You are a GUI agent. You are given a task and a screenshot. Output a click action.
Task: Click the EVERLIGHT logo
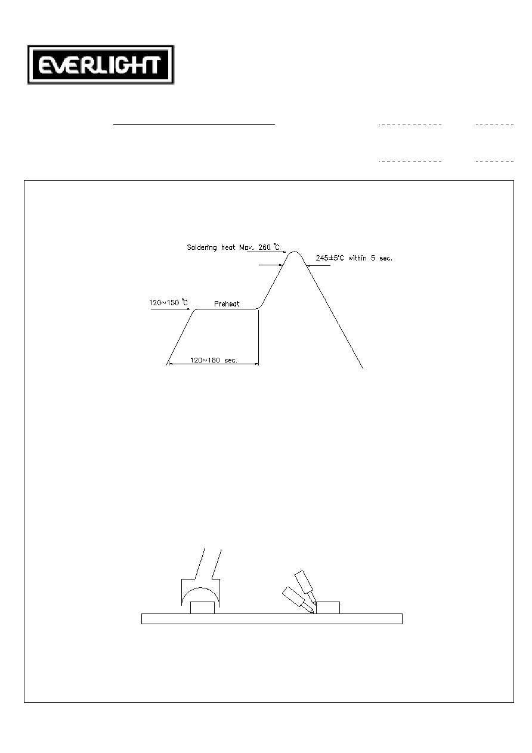pos(101,65)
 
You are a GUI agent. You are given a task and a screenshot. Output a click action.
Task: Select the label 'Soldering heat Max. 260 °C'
pos(233,247)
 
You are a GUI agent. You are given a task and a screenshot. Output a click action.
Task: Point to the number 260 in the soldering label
pos(264,247)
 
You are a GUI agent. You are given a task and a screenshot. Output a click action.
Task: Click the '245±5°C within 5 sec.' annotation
pos(354,258)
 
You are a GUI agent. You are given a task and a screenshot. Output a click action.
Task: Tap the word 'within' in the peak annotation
pos(357,258)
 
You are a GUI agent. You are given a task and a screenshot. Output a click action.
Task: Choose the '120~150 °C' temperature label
pos(168,302)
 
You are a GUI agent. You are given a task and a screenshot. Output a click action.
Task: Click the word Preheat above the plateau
pos(227,304)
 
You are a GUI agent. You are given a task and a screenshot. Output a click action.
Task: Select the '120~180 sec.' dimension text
pos(214,360)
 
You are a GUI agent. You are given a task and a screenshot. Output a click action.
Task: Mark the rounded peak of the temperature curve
pos(295,252)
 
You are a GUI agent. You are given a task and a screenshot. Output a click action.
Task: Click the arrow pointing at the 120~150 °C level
pos(171,309)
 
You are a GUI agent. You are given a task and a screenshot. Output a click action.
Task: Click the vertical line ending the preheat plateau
pos(258,336)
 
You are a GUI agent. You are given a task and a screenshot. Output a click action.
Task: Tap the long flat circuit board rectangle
pos(272,619)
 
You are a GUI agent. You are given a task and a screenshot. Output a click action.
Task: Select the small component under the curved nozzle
pos(202,608)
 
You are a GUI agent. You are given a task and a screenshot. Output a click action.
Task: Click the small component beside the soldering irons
pos(328,608)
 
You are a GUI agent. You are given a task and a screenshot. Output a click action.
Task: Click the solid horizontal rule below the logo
pos(194,125)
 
